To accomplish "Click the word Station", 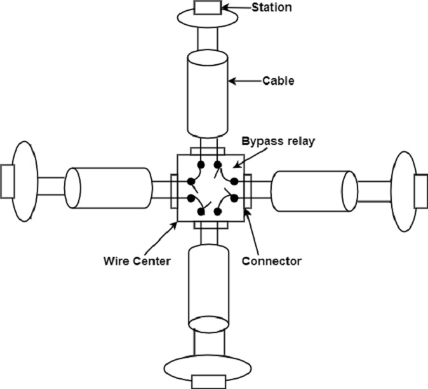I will tap(272, 8).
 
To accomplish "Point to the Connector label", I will tap(272, 260).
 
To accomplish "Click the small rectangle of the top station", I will tap(208, 8).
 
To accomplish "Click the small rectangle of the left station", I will tap(7, 181).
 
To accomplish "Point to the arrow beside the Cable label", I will tap(244, 81).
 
